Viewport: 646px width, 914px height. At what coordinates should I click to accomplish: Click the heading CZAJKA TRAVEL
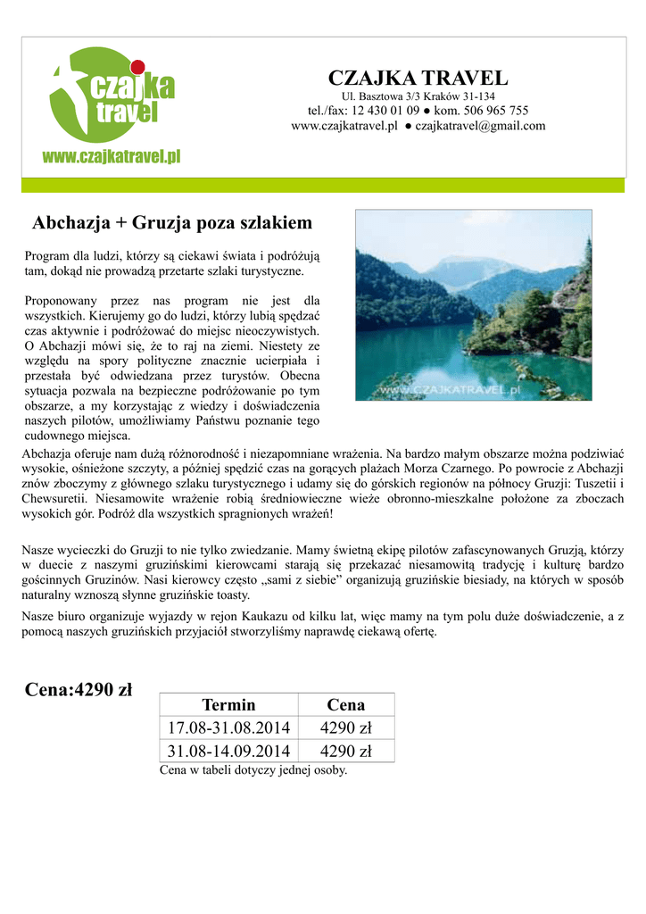[x=418, y=78]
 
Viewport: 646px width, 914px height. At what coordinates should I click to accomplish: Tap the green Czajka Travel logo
[x=112, y=94]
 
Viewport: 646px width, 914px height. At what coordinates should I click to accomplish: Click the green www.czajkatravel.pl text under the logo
[x=112, y=156]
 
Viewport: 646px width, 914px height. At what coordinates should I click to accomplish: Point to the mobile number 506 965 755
[x=494, y=111]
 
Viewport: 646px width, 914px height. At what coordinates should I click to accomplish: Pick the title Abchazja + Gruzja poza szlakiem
[x=172, y=221]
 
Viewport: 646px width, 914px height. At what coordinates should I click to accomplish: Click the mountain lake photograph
[x=473, y=304]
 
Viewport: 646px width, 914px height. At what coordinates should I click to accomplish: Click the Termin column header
[x=228, y=704]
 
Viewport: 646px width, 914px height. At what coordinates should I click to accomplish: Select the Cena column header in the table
[x=346, y=704]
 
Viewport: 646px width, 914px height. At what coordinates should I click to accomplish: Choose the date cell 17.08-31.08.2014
[x=228, y=727]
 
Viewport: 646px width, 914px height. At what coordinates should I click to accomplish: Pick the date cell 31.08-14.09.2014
[x=228, y=751]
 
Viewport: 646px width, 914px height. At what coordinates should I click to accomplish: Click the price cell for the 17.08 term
[x=346, y=727]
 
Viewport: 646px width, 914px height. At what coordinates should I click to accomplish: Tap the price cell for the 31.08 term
[x=346, y=751]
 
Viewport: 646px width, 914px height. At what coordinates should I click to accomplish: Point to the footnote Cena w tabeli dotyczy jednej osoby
[x=253, y=769]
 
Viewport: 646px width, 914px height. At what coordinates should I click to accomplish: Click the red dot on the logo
[x=137, y=66]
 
